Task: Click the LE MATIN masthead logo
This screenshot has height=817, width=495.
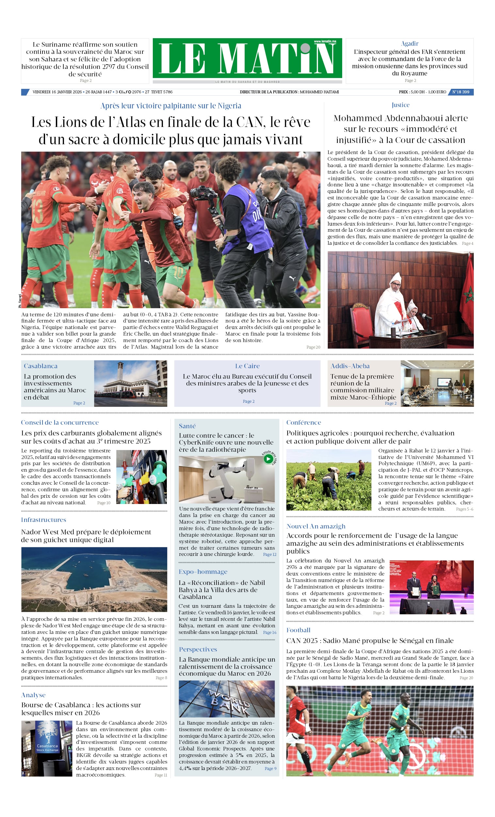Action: (247, 58)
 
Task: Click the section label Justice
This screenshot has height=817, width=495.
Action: (400, 105)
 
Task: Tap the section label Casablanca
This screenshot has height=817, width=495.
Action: (40, 366)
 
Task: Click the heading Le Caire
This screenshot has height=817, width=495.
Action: (247, 366)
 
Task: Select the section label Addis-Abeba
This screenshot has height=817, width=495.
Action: (350, 366)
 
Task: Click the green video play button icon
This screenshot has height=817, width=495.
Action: (268, 459)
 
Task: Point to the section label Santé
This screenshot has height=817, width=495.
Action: (187, 426)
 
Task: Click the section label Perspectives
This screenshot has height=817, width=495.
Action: (198, 649)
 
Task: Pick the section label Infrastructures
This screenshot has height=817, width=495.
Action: (43, 520)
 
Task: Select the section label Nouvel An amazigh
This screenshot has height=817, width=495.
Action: (315, 526)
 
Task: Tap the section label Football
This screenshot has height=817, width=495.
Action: (298, 630)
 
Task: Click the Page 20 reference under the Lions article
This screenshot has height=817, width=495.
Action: (313, 347)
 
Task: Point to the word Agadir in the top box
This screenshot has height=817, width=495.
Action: (409, 44)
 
